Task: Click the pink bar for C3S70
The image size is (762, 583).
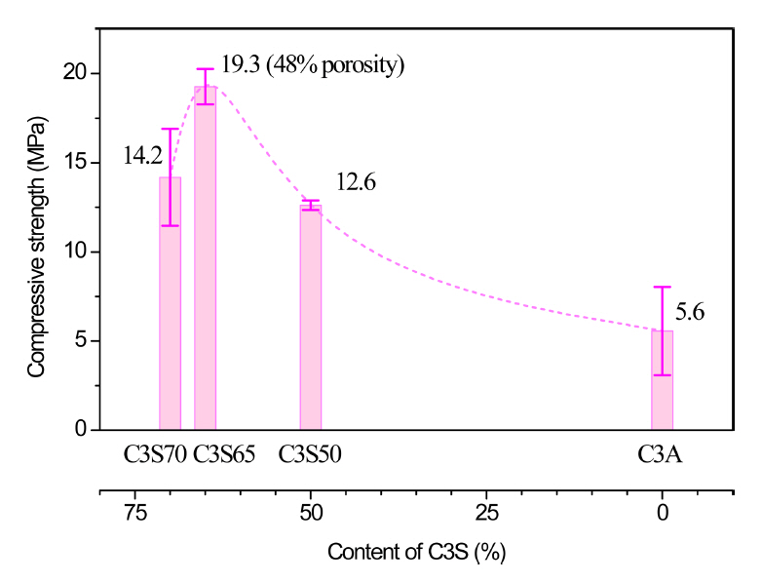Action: (170, 312)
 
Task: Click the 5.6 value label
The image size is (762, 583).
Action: (690, 313)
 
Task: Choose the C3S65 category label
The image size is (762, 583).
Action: (223, 454)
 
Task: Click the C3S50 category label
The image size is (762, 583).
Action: (310, 454)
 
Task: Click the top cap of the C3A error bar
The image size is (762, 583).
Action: (662, 288)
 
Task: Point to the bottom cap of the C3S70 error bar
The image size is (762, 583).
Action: (170, 225)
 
